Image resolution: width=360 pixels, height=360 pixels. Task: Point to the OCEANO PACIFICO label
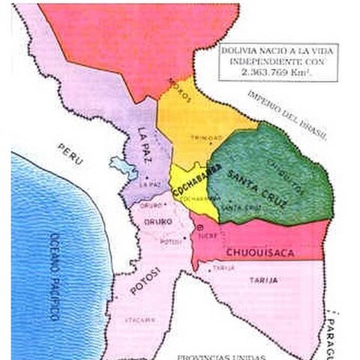tap(53, 278)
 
